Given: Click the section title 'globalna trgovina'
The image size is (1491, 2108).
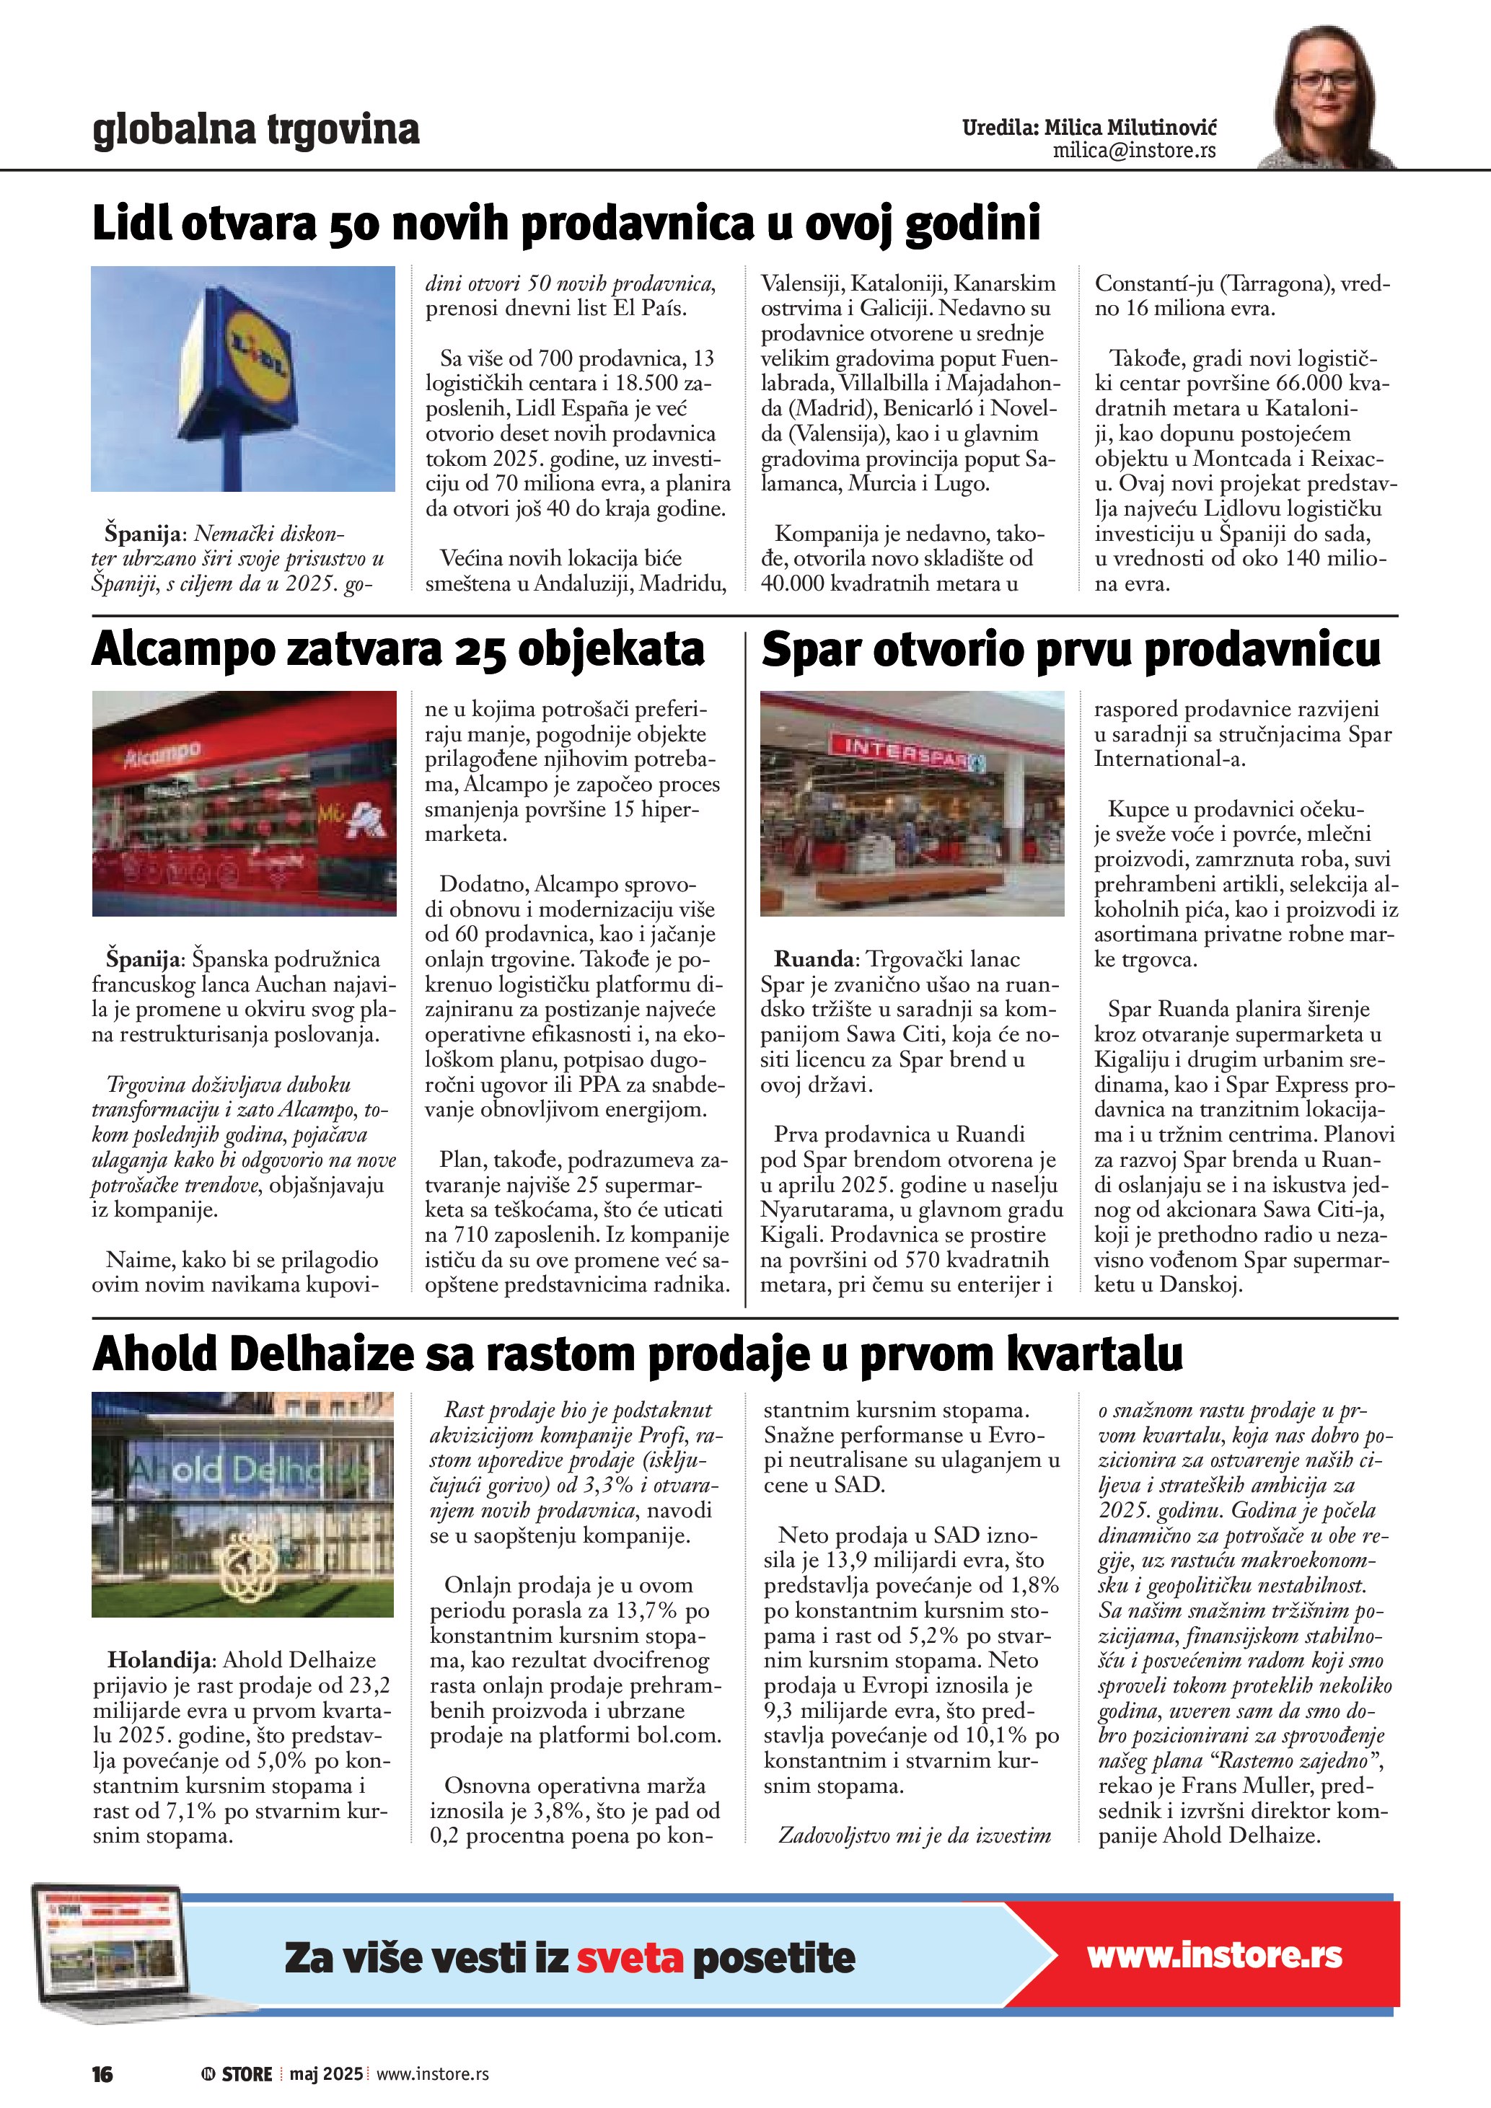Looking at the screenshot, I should click(x=256, y=130).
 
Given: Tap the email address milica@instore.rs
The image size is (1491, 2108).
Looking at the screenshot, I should click(x=1134, y=151).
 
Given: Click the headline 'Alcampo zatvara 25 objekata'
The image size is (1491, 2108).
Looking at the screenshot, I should click(x=397, y=650).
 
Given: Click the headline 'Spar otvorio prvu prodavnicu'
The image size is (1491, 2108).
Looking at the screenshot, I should click(x=1070, y=650).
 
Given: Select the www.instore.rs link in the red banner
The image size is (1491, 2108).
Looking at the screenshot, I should click(x=1214, y=1956).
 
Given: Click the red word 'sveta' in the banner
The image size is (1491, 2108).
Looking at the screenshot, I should click(x=630, y=1958).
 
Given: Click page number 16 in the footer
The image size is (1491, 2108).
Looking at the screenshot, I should click(x=102, y=2075).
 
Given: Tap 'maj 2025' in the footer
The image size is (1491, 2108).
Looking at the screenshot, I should click(x=326, y=2074).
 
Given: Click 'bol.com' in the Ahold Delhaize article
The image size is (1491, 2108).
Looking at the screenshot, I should click(x=677, y=1735).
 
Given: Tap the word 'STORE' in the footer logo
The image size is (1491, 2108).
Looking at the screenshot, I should click(x=247, y=2075).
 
